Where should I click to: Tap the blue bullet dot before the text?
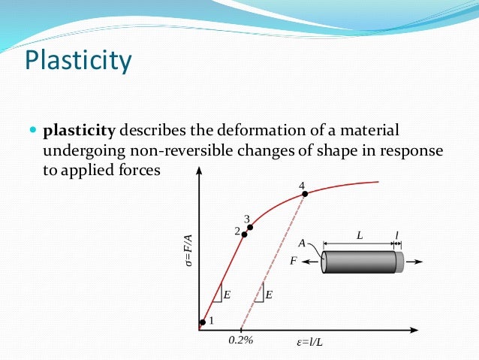[32, 131]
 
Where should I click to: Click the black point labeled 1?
[201, 324]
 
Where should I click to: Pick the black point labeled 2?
[244, 234]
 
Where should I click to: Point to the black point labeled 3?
[250, 227]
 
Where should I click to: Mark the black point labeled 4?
[305, 195]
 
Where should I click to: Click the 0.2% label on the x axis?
[241, 340]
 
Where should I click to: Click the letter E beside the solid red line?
[227, 295]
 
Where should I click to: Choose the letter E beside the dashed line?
[269, 295]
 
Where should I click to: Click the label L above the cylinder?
[360, 235]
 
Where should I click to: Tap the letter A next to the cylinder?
[301, 243]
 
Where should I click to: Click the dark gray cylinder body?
[360, 262]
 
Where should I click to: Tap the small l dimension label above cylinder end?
[397, 235]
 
